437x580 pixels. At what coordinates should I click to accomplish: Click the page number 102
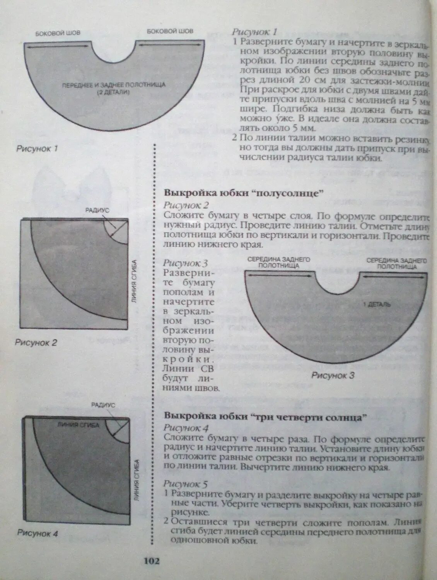151,561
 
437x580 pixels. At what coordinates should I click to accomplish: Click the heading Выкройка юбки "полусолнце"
243,193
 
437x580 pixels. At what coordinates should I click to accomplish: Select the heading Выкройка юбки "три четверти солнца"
265,417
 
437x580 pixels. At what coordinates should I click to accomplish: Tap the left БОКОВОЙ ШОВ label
58,33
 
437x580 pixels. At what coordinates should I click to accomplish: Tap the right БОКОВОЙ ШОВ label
170,31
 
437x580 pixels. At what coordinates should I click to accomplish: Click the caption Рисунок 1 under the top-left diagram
37,148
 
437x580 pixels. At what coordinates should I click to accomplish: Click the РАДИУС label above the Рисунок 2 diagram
97,210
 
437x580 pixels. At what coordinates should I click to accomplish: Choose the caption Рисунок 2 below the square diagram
36,343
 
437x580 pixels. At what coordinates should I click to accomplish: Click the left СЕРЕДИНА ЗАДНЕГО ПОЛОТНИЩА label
278,263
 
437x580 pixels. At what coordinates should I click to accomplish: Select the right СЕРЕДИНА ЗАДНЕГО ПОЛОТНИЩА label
397,263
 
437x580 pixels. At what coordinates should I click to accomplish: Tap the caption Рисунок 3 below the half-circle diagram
333,375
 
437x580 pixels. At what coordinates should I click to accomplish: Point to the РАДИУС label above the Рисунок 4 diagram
103,405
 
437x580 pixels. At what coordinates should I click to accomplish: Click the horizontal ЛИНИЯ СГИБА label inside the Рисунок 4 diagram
78,425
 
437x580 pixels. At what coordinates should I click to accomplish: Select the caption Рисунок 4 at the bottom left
38,534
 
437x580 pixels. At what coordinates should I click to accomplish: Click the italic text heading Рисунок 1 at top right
254,32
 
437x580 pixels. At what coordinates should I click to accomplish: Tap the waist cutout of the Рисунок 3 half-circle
337,281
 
